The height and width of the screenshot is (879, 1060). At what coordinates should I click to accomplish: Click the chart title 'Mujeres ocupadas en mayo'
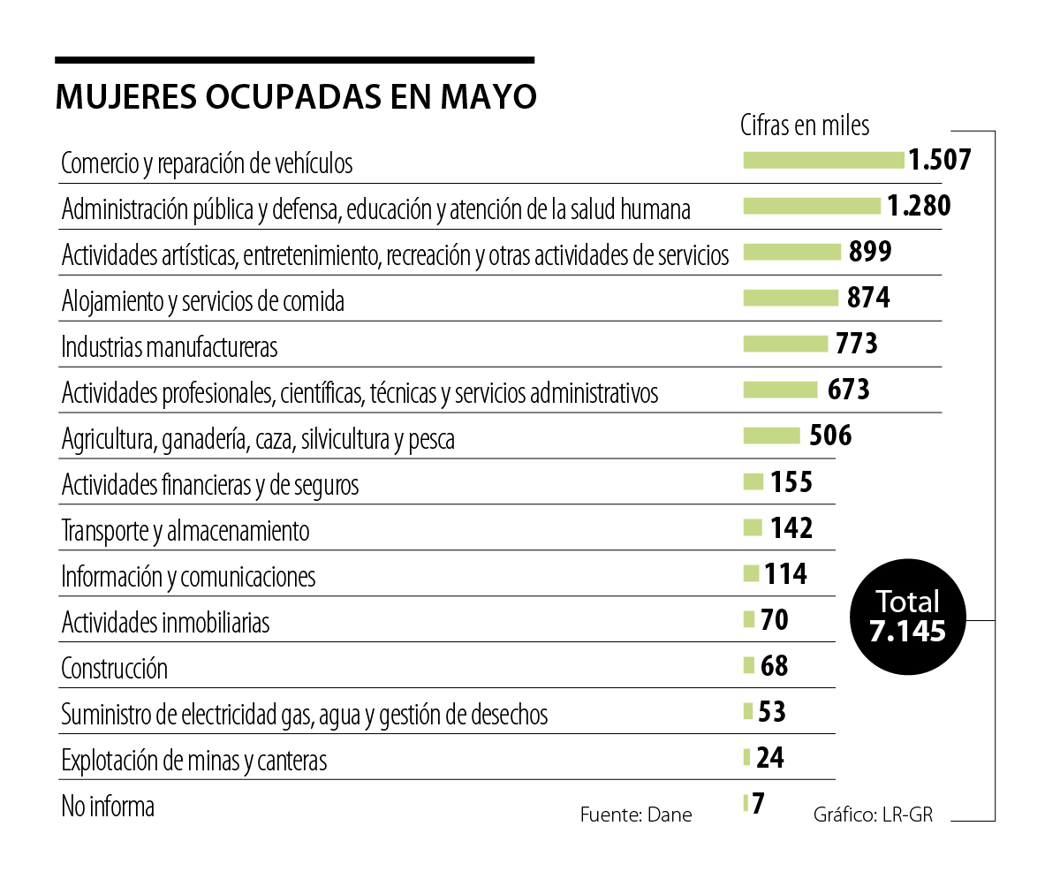pyautogui.click(x=296, y=96)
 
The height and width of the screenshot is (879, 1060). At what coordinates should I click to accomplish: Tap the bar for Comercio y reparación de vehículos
pyautogui.click(x=823, y=160)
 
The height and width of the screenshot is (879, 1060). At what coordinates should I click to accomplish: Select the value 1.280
pyautogui.click(x=919, y=206)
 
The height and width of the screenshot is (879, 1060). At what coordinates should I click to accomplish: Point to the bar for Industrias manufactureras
pyautogui.click(x=785, y=344)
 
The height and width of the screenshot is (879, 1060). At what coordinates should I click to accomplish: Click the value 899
pyautogui.click(x=870, y=252)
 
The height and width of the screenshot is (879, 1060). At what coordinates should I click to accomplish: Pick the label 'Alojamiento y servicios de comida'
pyautogui.click(x=203, y=301)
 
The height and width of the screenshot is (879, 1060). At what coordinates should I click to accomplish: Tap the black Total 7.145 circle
pyautogui.click(x=907, y=617)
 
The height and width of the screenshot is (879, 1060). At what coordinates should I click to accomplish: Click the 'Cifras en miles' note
pyautogui.click(x=805, y=125)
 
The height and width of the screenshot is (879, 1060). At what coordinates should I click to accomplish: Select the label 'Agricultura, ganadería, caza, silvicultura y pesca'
pyautogui.click(x=258, y=439)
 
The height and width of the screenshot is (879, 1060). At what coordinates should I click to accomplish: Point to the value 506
pyautogui.click(x=830, y=436)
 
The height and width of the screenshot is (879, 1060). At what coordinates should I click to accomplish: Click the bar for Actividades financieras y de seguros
pyautogui.click(x=753, y=481)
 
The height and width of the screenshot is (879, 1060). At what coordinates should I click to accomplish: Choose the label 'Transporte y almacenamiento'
pyautogui.click(x=185, y=531)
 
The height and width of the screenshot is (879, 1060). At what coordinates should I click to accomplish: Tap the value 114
pyautogui.click(x=786, y=574)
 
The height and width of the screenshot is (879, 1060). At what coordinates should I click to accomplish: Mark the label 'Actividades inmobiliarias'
pyautogui.click(x=165, y=623)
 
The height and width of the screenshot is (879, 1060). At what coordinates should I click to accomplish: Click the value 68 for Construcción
pyautogui.click(x=774, y=665)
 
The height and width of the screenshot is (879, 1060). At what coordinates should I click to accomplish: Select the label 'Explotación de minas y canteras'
pyautogui.click(x=194, y=761)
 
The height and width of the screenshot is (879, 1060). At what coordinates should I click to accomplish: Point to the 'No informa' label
pyautogui.click(x=108, y=807)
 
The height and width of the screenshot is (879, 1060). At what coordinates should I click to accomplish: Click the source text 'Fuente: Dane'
pyautogui.click(x=636, y=815)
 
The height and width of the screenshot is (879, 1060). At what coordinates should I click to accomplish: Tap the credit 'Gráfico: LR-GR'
pyautogui.click(x=873, y=815)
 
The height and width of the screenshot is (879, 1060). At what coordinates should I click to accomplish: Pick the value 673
pyautogui.click(x=849, y=390)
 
